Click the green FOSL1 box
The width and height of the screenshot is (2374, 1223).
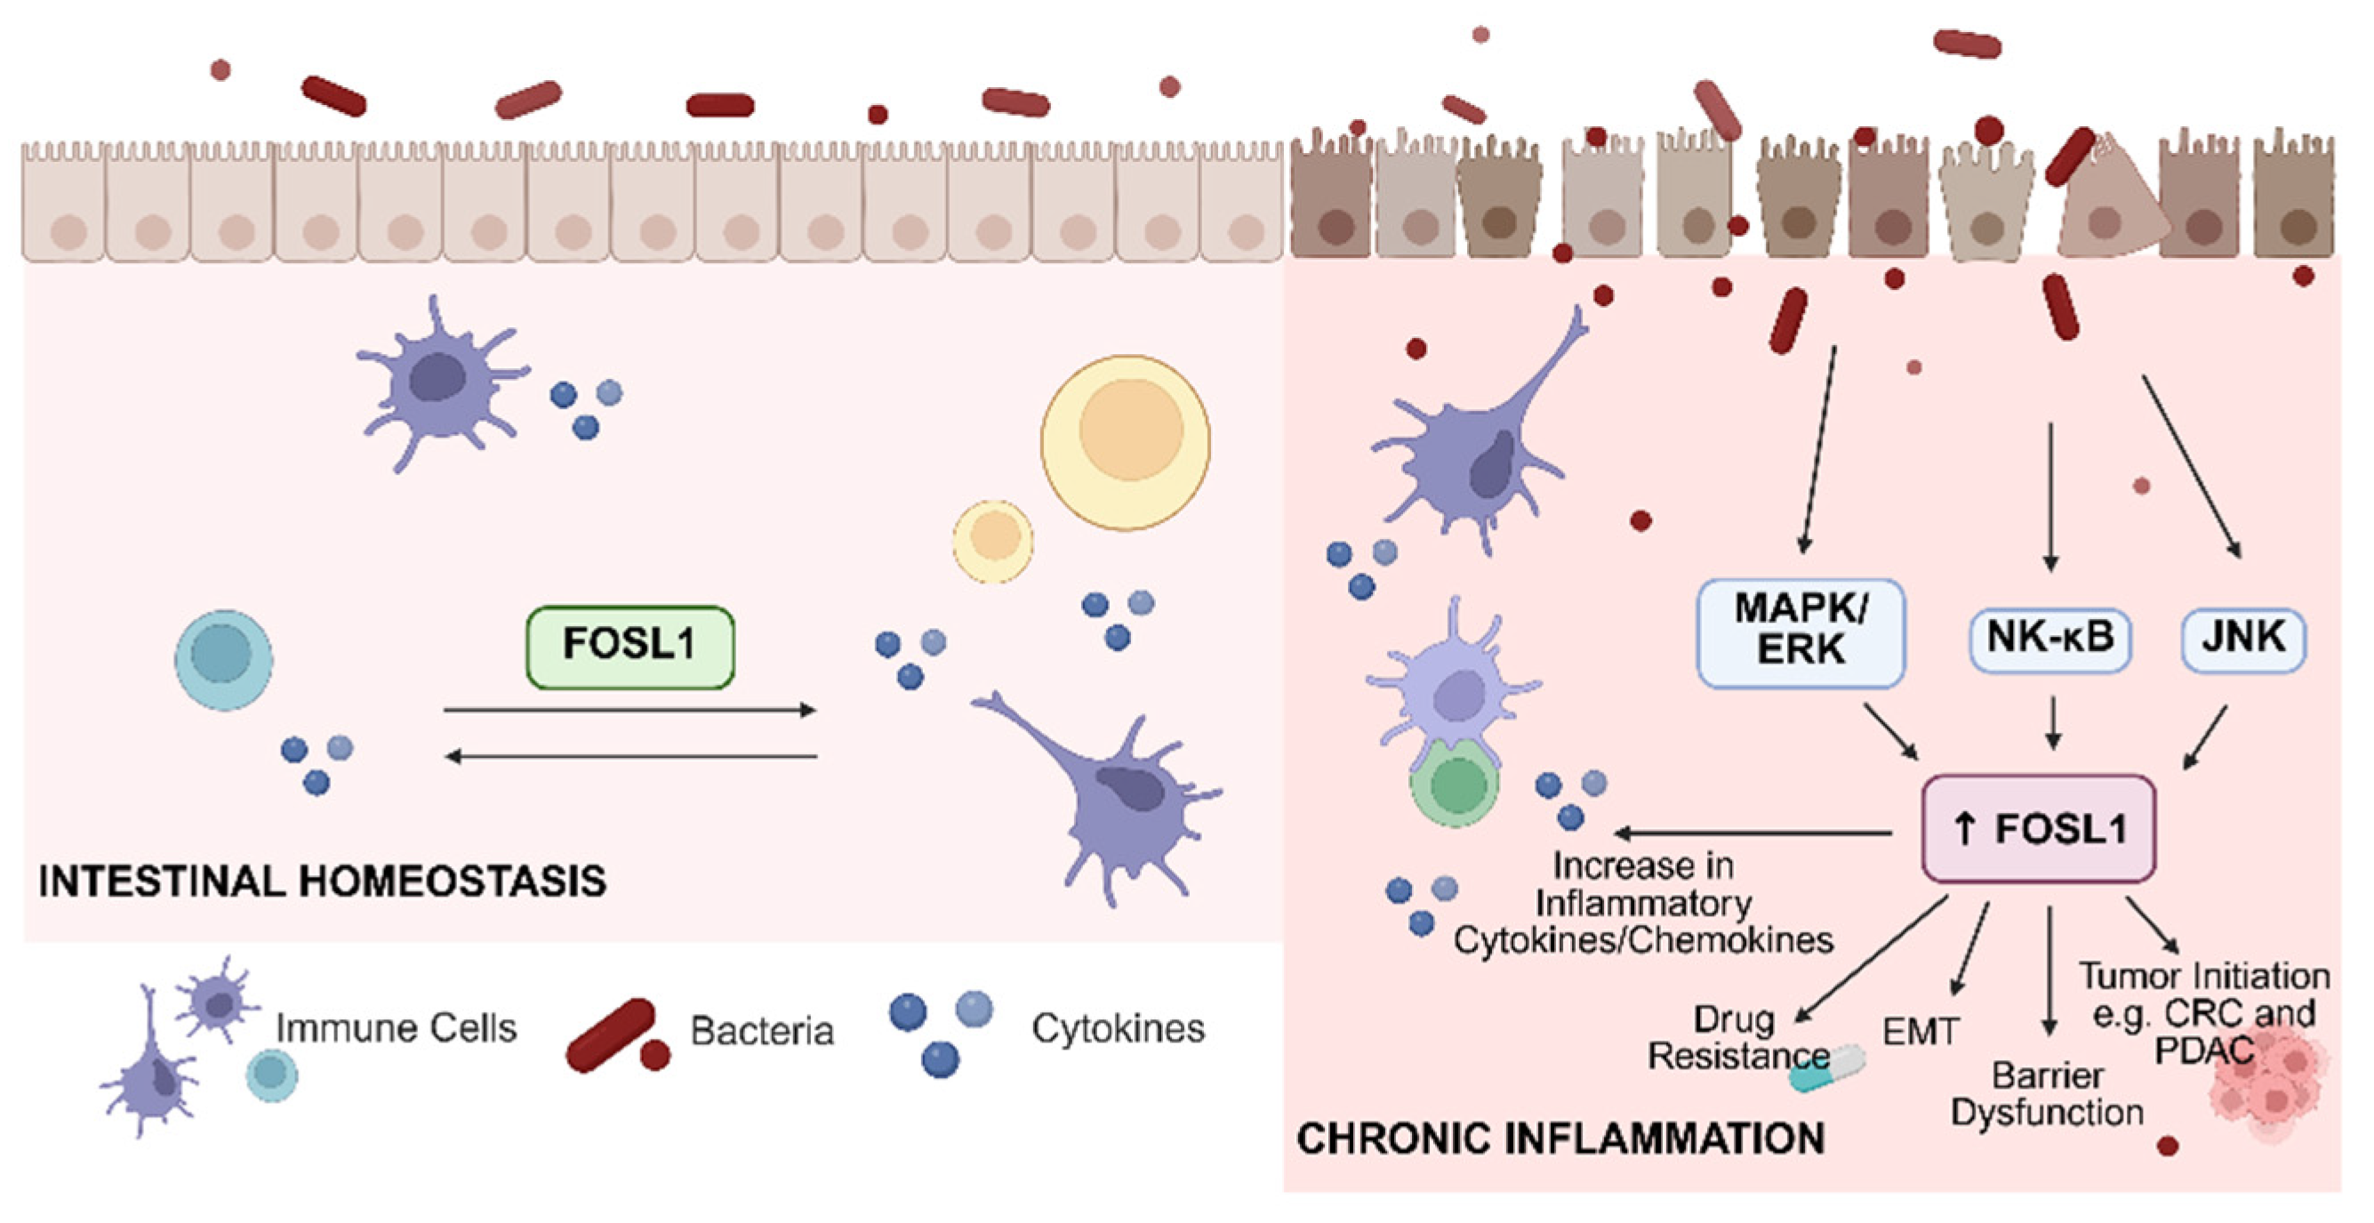pos(630,647)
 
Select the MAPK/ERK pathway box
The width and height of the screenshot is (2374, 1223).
pos(1800,633)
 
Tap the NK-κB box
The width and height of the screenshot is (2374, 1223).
pos(2049,639)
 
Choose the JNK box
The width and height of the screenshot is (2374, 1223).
pos(2243,639)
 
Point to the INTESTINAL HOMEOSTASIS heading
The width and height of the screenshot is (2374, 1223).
pos(323,881)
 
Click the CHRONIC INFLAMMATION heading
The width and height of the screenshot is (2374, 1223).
pos(1560,1139)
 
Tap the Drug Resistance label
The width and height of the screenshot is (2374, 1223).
pos(1737,1038)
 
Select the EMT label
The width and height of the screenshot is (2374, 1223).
pos(1920,1031)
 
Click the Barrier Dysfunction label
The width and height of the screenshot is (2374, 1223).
pos(2047,1094)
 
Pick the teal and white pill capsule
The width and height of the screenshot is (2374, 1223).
pos(1826,1069)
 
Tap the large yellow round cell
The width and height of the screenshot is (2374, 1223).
pos(1126,442)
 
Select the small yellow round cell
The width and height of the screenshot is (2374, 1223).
pos(992,541)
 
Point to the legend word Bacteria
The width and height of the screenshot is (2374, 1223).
pos(761,1031)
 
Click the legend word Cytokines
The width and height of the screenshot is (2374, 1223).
pos(1118,1028)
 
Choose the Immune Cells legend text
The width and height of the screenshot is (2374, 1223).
pos(397,1028)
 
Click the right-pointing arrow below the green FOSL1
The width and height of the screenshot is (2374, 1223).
pos(630,710)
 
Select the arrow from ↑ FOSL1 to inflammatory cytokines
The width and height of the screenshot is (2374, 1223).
pos(1752,833)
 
